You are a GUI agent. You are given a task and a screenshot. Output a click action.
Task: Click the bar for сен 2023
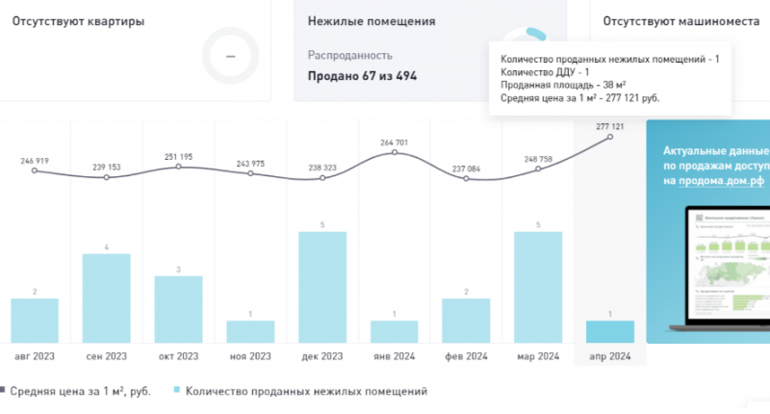pos(107,298)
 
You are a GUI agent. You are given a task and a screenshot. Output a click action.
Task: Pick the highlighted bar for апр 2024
pos(610,331)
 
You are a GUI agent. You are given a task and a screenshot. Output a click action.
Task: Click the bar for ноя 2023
pos(250,331)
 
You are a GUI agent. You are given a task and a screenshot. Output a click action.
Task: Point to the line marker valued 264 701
pos(395,153)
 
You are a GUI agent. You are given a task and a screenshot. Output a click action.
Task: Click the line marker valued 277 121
pos(610,138)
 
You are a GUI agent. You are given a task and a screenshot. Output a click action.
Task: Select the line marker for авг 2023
pos(35,171)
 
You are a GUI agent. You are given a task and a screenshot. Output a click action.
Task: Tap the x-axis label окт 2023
pos(178,356)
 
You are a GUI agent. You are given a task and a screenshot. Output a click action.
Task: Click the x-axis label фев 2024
pos(466,356)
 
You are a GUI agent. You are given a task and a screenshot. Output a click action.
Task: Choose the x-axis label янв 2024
pos(394,356)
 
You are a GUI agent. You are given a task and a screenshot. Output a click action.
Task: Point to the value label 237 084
pos(467,167)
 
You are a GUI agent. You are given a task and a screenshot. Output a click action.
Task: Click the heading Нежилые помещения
pos(371,20)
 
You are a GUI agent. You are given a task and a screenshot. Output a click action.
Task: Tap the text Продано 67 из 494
pos(362,76)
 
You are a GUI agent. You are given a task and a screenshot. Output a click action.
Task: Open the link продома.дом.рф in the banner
pos(718,181)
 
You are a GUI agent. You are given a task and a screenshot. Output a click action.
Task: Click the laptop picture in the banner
pos(727,270)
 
